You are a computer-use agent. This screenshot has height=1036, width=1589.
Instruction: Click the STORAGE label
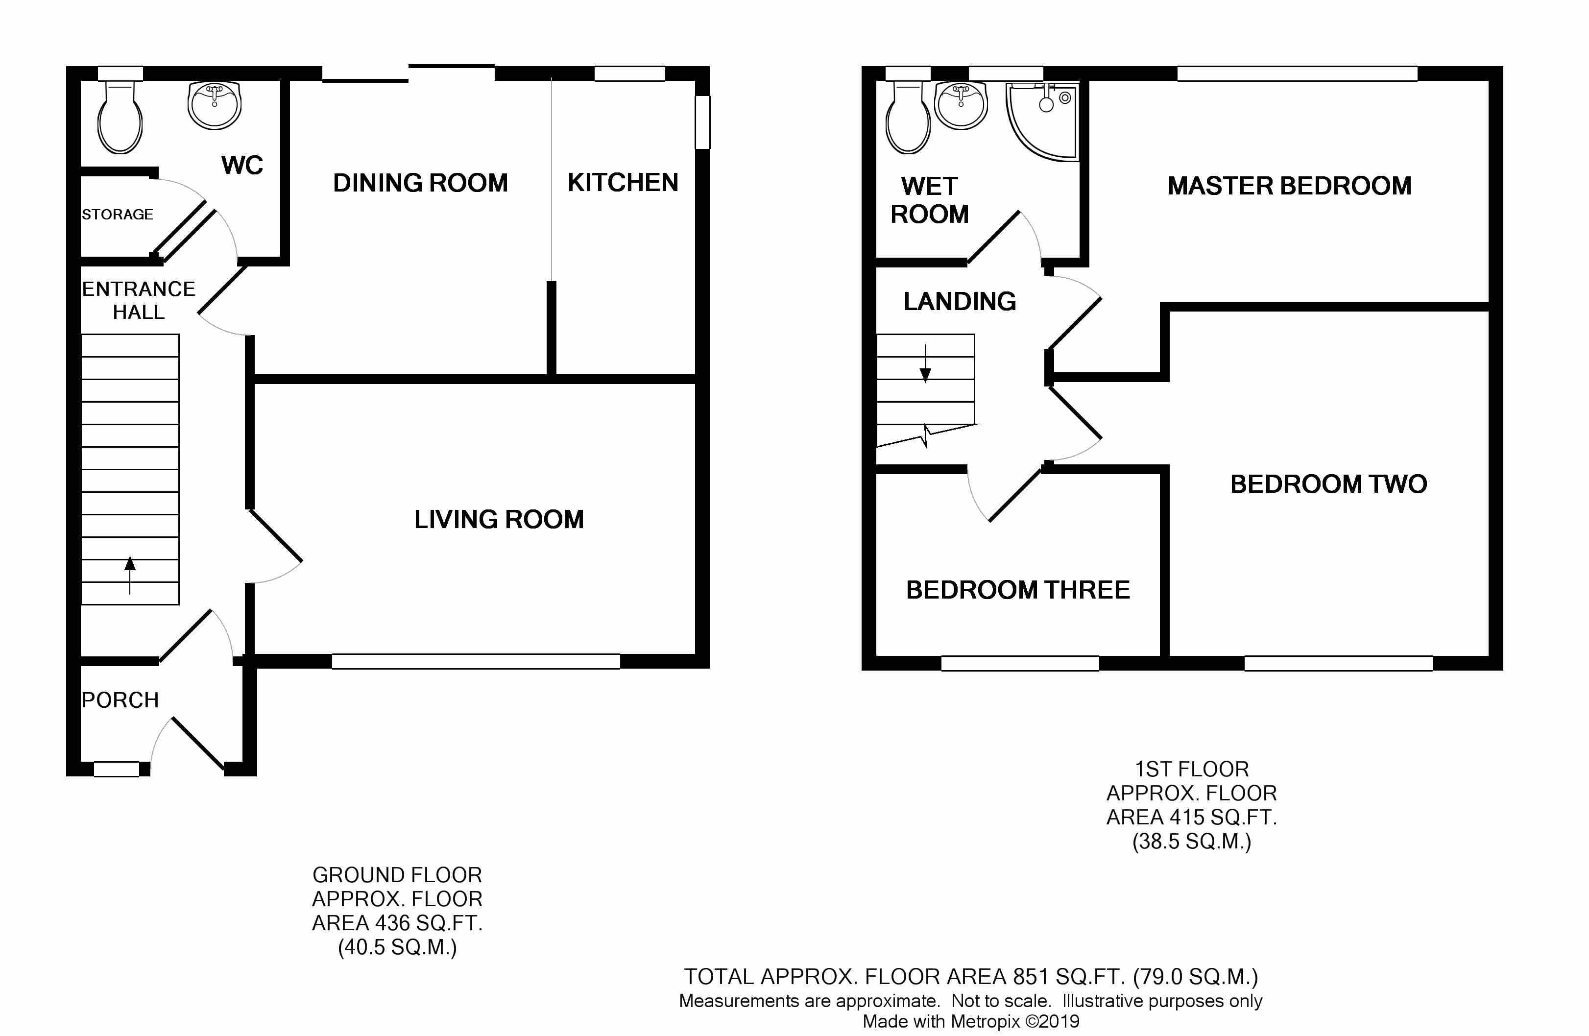point(118,214)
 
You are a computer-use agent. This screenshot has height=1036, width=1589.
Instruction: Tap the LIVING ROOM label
point(499,519)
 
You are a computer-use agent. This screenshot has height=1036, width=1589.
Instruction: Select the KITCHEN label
point(622,182)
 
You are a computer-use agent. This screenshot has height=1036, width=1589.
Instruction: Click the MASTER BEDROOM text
point(1289,186)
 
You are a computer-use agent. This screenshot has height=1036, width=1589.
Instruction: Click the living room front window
point(475,661)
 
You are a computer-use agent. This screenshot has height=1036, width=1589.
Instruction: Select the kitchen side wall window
point(702,122)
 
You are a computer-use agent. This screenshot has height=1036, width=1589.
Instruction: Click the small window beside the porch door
point(116,770)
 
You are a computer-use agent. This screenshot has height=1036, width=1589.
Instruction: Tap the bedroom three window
point(1019,663)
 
